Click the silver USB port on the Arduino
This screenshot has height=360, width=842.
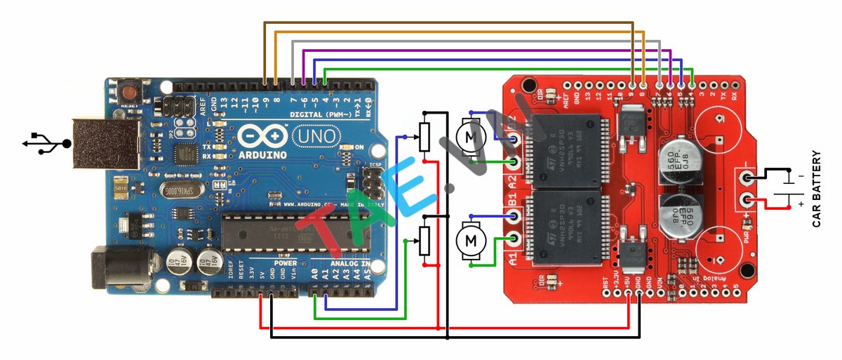[98, 144]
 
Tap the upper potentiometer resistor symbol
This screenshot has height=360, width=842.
[424, 137]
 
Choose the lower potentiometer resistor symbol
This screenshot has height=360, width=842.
[424, 241]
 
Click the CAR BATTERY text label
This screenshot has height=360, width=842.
[816, 190]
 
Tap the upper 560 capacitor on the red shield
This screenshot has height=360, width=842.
[674, 162]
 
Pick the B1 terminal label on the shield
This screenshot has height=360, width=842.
[512, 209]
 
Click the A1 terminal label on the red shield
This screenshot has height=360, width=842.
[512, 258]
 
